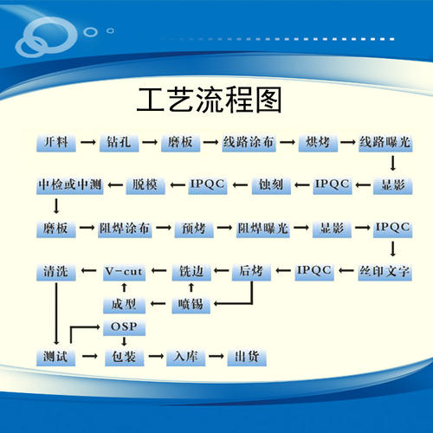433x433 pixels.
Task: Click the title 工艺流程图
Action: [209, 100]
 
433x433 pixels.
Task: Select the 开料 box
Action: [56, 143]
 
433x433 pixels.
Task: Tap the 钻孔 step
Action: [119, 143]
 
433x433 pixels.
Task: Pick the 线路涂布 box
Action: [249, 143]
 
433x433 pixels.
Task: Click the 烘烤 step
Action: [318, 143]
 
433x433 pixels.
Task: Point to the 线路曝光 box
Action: [385, 143]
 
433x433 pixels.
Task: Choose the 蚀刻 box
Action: [271, 185]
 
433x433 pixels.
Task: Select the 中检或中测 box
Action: [69, 185]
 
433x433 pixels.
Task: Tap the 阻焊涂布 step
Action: [125, 229]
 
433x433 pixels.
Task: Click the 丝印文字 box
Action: [385, 272]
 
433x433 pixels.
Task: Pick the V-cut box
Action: [124, 272]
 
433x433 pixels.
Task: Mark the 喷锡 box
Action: [191, 305]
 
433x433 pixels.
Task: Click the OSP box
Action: [124, 327]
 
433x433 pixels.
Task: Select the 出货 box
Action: [247, 358]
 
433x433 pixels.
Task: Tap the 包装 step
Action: [124, 358]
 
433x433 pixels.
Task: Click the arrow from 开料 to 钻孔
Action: [88, 142]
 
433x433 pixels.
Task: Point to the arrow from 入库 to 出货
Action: [216, 356]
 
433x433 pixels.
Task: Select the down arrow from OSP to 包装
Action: [124, 341]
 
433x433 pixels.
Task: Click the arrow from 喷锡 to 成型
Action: [158, 303]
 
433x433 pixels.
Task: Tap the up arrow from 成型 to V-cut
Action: [124, 288]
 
